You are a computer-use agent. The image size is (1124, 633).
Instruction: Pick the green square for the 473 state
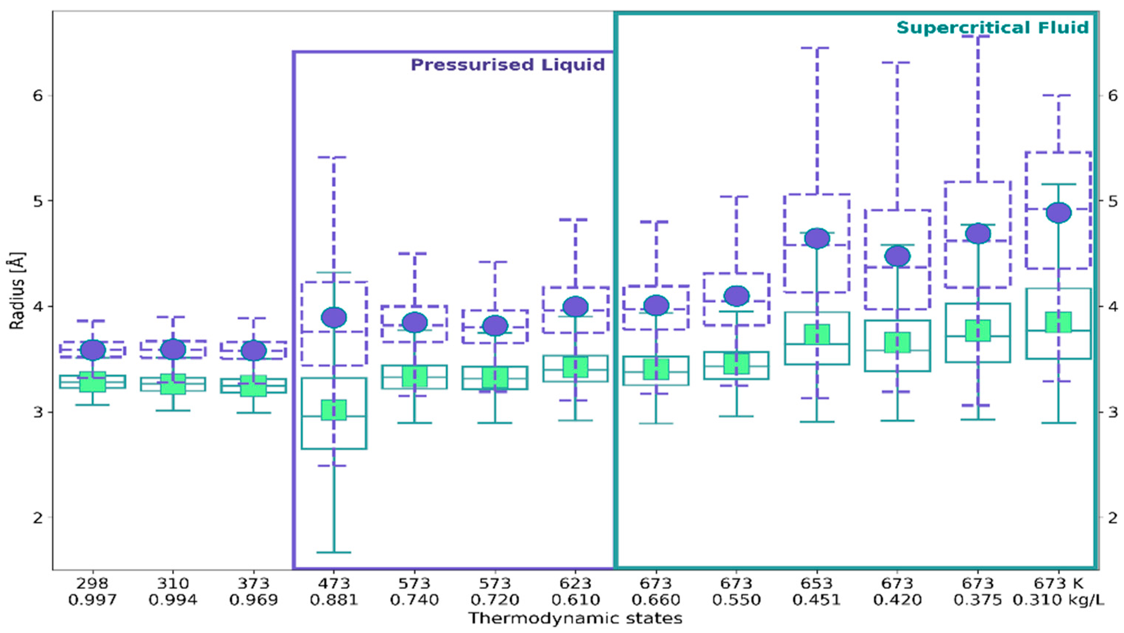(x=334, y=410)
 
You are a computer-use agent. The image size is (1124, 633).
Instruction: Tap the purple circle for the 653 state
(x=817, y=238)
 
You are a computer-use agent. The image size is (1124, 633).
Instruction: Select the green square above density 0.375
(x=978, y=330)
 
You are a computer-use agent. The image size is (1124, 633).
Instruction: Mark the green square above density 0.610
(x=575, y=367)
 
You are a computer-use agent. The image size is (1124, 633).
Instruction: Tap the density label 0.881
(x=334, y=600)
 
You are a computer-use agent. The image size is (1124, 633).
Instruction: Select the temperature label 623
(x=575, y=583)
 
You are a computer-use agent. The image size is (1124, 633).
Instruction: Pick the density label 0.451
(x=817, y=600)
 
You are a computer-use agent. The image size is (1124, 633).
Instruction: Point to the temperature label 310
(x=173, y=583)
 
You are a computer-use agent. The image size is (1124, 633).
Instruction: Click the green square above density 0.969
(x=254, y=386)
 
